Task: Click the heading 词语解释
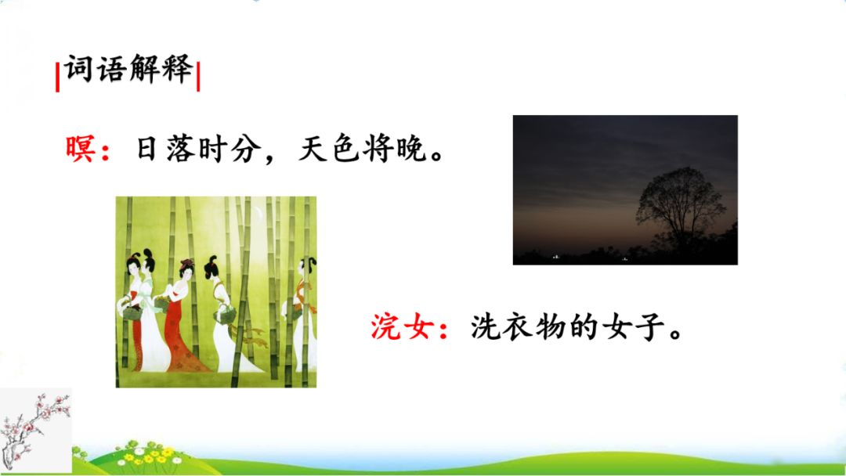click(129, 68)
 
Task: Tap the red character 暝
click(81, 148)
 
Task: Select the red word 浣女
click(402, 326)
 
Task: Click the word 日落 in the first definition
click(164, 148)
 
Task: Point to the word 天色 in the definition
click(328, 148)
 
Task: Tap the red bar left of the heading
click(58, 77)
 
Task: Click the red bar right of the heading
click(198, 77)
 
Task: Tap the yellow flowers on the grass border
click(148, 456)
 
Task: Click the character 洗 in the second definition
click(486, 326)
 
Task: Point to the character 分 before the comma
click(247, 148)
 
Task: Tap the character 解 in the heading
click(145, 68)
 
